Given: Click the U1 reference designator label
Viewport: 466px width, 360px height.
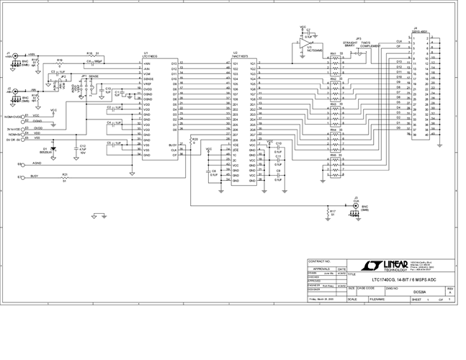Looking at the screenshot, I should [x=145, y=53].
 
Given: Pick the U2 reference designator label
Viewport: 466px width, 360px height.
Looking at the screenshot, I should [x=235, y=53].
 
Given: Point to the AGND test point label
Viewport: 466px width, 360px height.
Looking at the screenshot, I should [x=36, y=164].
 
